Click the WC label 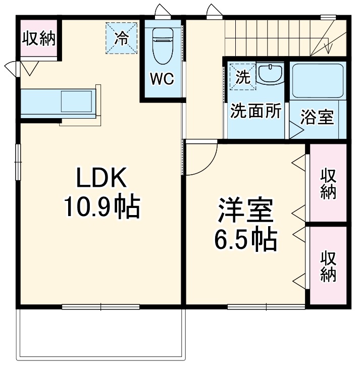(161, 79)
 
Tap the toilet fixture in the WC (162, 44)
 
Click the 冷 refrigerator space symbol (121, 38)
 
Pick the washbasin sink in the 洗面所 (272, 74)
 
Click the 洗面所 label (255, 111)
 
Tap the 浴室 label (317, 117)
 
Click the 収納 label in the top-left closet (38, 39)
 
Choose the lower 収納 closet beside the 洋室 (328, 266)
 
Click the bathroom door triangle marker (295, 131)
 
